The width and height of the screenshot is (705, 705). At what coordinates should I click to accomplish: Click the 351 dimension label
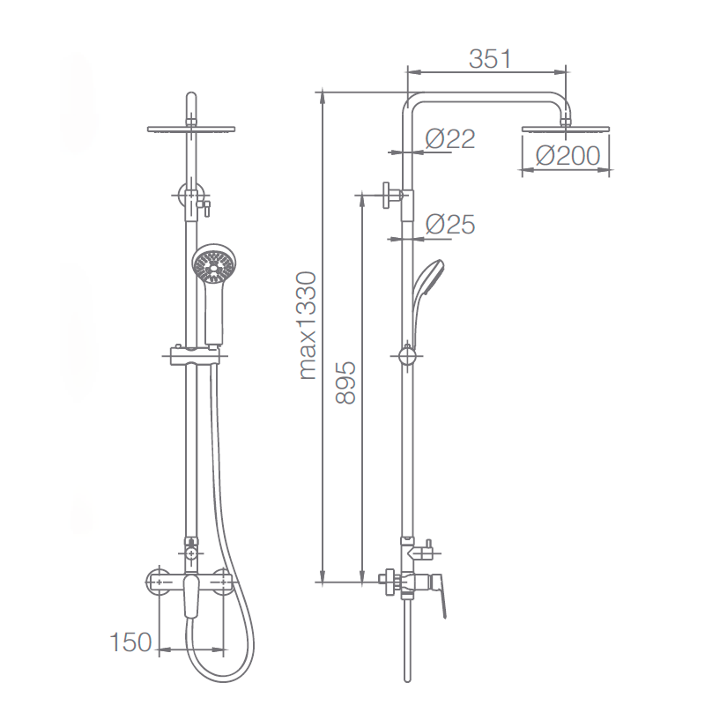coord(490,59)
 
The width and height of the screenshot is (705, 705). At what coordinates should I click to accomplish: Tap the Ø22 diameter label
coord(450,139)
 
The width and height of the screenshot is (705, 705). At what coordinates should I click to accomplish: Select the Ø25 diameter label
coord(450,224)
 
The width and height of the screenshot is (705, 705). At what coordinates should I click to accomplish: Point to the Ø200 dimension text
coord(568,156)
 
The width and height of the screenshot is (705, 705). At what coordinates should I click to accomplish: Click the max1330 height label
coord(308,325)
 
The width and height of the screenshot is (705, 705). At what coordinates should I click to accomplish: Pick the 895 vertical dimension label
coord(345,382)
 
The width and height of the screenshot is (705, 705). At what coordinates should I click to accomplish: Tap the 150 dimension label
coord(130,642)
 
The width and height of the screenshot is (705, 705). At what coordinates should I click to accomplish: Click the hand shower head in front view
coord(214,264)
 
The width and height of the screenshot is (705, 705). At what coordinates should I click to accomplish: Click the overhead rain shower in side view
coord(565,129)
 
